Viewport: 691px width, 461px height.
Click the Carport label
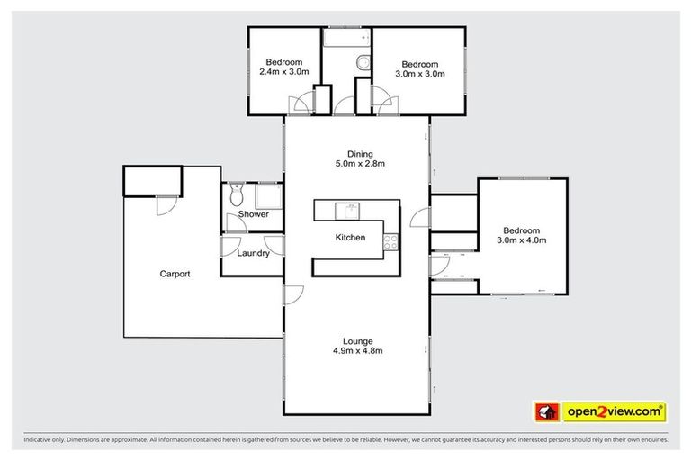(175, 274)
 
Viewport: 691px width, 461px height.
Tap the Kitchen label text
(350, 238)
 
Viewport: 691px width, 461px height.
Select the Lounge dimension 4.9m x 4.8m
(357, 351)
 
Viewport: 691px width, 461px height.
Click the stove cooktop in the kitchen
(391, 241)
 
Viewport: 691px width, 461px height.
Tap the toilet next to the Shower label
(236, 194)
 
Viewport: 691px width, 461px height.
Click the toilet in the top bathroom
(362, 63)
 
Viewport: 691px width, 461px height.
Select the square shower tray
(268, 195)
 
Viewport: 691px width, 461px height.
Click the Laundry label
(254, 254)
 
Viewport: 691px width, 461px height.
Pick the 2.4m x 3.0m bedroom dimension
(284, 71)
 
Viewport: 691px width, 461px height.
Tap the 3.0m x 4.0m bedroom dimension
(522, 240)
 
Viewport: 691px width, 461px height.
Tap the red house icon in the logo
(545, 412)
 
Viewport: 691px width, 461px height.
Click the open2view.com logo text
(613, 412)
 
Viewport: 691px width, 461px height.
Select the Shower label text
(253, 215)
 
